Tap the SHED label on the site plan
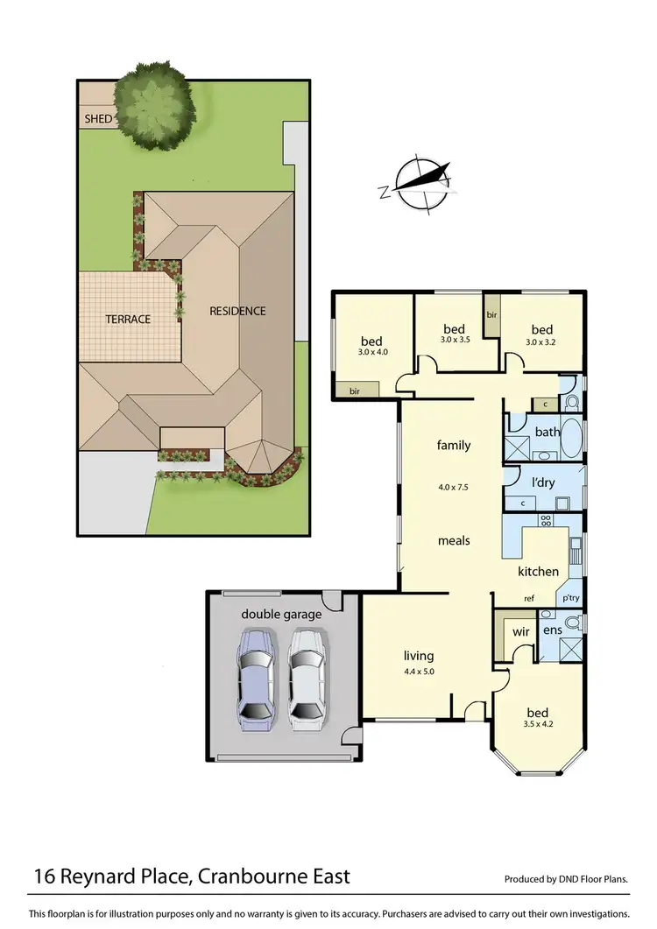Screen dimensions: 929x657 point(98,118)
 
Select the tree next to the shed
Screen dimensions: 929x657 point(154,101)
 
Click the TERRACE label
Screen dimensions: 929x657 point(129,319)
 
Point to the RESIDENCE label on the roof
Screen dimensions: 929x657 point(237,311)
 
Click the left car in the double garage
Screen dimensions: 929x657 point(258,681)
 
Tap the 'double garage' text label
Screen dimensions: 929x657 point(281,614)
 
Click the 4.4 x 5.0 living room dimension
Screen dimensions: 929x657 point(419,672)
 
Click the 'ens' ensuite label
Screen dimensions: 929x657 point(552,630)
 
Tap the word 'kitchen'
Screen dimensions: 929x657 point(538,572)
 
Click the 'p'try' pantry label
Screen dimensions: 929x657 point(571,598)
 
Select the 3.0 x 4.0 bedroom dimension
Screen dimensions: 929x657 point(372,352)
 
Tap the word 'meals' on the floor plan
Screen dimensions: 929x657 point(454,540)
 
